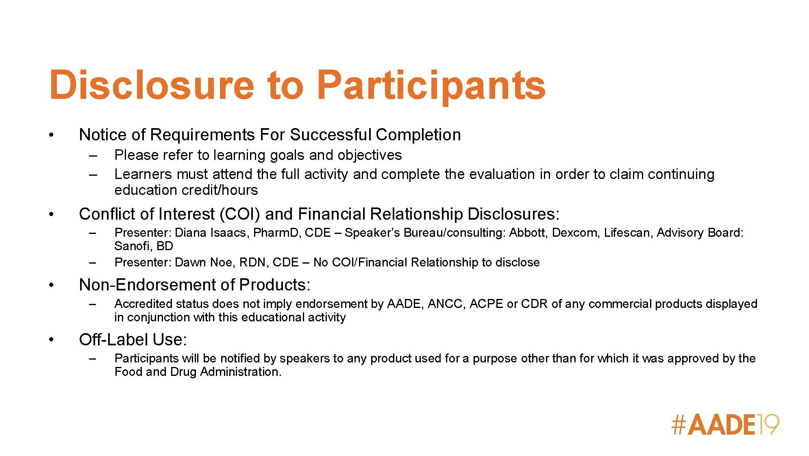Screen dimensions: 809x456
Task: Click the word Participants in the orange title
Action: pyautogui.click(x=431, y=87)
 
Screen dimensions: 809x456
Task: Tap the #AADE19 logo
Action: pyautogui.click(x=725, y=425)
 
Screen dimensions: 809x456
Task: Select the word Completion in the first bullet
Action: pyautogui.click(x=418, y=135)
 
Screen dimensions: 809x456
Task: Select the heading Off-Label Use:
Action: pyautogui.click(x=133, y=340)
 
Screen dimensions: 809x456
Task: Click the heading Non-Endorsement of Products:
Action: pyautogui.click(x=195, y=285)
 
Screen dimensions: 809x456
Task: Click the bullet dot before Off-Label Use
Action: pyautogui.click(x=51, y=340)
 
